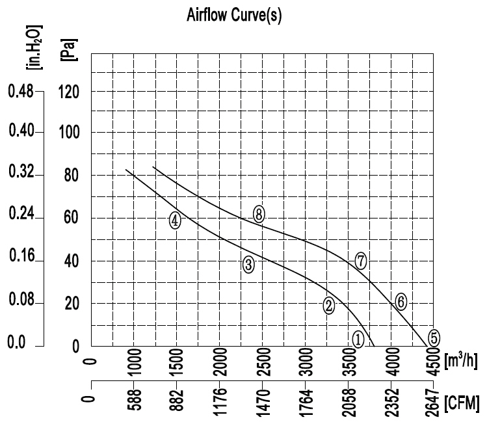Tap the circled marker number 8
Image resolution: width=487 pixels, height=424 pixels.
tap(259, 215)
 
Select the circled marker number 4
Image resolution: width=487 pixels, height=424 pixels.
tap(175, 220)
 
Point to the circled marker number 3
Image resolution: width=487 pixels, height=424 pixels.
tap(248, 265)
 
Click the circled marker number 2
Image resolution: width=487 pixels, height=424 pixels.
tap(329, 305)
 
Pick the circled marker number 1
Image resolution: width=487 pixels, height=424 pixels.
tap(358, 338)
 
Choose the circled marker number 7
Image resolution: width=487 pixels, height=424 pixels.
tap(362, 261)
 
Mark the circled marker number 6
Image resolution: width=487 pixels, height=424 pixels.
tap(401, 301)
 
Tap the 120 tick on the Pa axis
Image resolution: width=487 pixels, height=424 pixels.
tap(69, 91)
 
